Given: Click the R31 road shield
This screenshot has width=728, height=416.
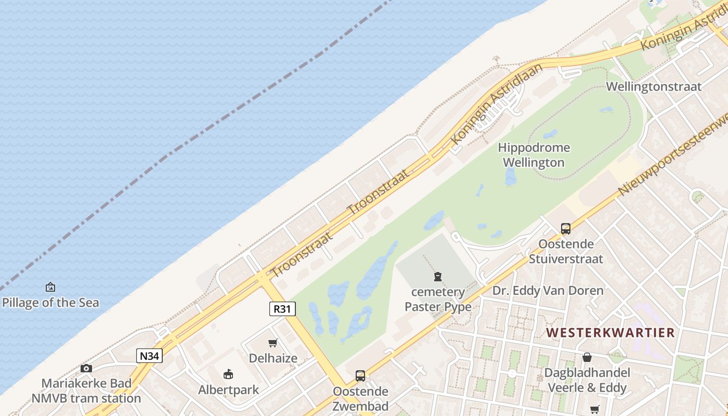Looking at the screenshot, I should pos(282,309).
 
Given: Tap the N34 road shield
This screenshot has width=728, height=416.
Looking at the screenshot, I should pos(150,356).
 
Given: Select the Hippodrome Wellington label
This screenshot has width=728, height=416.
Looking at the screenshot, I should pos(534,155).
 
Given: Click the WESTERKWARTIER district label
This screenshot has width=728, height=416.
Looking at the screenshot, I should pos(610,332).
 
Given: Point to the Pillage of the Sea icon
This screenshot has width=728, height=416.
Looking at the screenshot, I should pos(50,287).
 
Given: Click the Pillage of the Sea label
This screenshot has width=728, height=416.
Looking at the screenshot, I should pos(50,303).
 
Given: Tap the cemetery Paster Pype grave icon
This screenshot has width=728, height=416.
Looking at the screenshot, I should pos(438,277).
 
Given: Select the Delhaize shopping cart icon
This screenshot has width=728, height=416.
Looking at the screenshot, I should pos(273,343).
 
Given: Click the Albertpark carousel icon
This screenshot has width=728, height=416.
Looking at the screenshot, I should pos(228,374).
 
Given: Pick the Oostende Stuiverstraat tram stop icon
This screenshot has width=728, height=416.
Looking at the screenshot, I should pos(565,228).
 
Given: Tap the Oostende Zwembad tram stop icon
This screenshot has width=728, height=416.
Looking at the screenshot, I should pos(360,375).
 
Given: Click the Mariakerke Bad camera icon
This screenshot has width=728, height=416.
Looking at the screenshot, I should pos(86,369).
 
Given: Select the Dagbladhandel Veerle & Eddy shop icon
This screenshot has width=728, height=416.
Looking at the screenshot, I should pos(587,357).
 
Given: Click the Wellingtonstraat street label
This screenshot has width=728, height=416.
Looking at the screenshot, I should pos(654,86).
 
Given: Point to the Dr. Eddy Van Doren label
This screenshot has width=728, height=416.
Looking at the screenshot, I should pos(548,290).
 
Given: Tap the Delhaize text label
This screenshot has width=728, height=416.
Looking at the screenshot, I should pos(273,358).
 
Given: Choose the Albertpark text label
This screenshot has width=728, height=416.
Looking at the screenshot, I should pos(228,389).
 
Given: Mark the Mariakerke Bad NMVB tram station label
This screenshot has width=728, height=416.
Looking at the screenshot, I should pos(86,391).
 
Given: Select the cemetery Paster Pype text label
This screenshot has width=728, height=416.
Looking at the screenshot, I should pos(438,300).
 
